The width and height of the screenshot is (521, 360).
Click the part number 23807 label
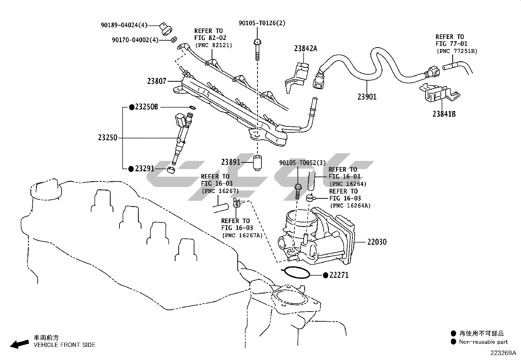(157, 81)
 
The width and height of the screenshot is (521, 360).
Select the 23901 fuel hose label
(367, 97)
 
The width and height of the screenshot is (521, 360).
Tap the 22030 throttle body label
(377, 242)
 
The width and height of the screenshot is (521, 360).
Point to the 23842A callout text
(305, 49)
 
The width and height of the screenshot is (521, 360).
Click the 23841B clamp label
(444, 114)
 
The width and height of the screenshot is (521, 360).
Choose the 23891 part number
(231, 162)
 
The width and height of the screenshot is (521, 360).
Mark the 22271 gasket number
(339, 275)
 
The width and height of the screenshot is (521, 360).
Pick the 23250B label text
(146, 107)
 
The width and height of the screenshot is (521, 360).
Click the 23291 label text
(144, 169)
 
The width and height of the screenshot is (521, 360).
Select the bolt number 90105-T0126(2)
(262, 23)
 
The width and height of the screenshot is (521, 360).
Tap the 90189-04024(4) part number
(124, 25)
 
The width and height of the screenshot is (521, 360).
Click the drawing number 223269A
(503, 353)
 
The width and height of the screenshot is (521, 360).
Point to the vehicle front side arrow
(19, 344)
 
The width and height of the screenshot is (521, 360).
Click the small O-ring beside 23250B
(193, 107)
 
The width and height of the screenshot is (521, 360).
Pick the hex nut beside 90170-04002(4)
(174, 40)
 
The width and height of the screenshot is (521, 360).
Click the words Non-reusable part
(483, 342)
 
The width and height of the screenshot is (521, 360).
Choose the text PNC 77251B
(457, 51)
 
